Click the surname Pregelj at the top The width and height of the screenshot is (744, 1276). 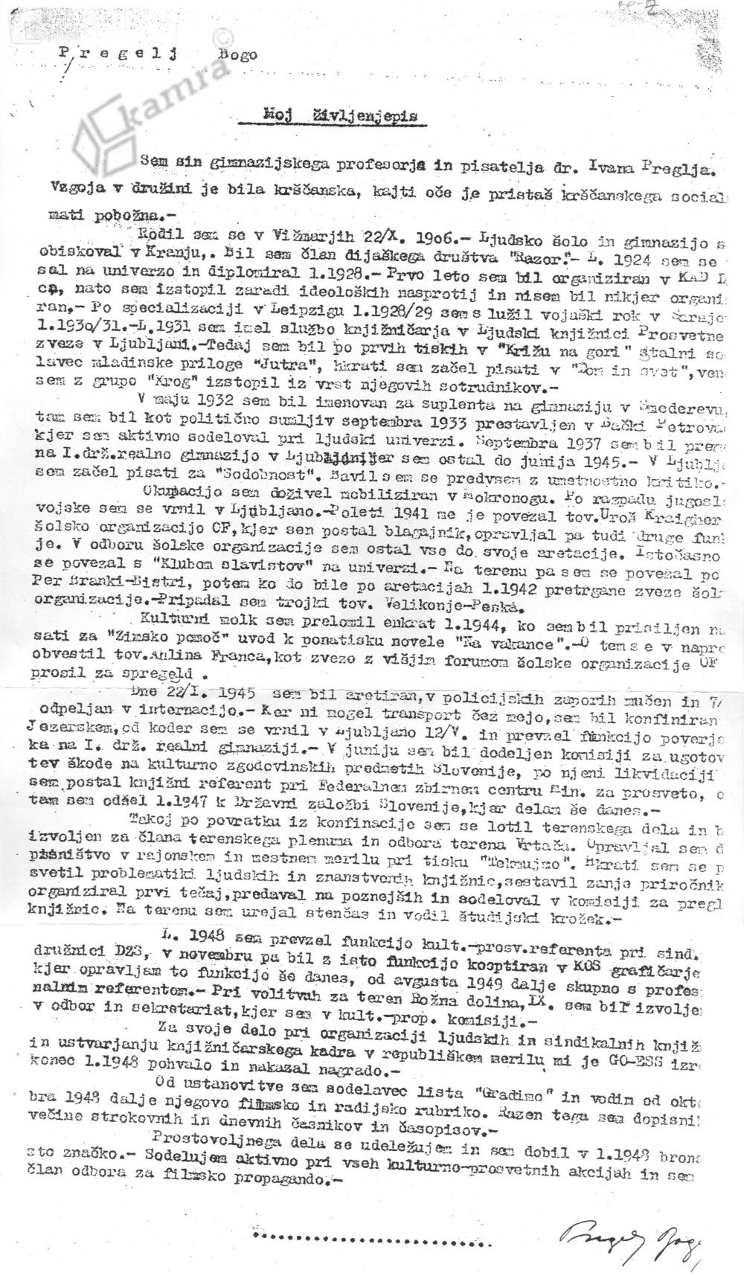(121, 51)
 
